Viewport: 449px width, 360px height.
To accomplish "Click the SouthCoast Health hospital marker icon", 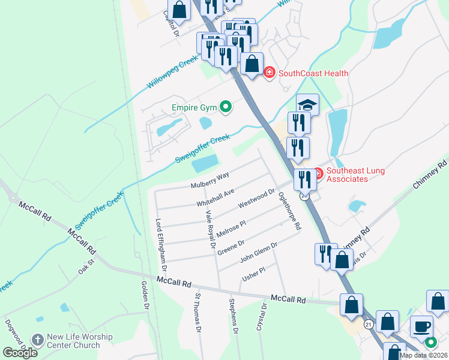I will (x=269, y=73).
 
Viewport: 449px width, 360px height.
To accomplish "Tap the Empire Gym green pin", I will (x=226, y=108).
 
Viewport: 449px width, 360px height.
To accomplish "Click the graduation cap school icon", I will (x=307, y=105).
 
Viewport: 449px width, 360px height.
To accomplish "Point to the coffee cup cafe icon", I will (x=421, y=327).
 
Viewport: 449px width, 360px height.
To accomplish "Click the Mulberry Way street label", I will (x=210, y=180).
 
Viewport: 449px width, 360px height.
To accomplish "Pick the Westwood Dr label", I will (x=256, y=199).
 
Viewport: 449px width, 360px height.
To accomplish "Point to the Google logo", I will (x=20, y=353).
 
